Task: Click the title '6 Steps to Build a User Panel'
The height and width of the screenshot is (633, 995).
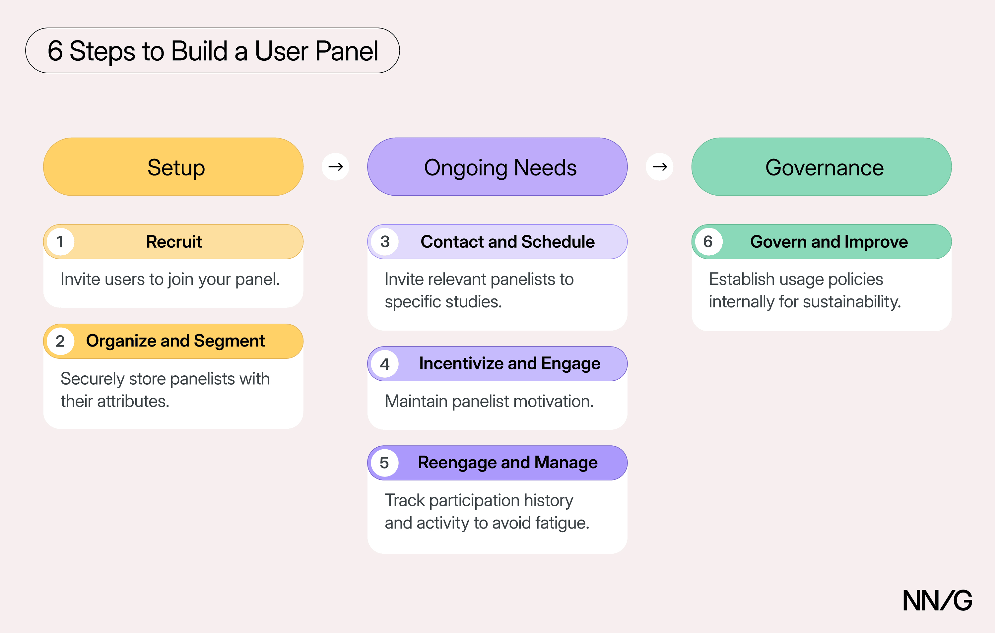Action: pos(212,51)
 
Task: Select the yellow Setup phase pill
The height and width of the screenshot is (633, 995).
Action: pos(173,167)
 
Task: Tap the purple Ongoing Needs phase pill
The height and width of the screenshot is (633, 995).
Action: pos(497,167)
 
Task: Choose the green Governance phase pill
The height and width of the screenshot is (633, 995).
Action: pos(822,167)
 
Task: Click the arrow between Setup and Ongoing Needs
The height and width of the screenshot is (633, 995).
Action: pos(336,167)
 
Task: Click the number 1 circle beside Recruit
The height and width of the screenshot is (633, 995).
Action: pos(60,242)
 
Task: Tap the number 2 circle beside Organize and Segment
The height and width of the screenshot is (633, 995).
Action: pos(60,341)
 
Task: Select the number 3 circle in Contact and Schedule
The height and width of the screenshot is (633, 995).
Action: pos(385,242)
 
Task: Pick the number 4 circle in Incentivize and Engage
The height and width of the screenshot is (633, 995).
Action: pos(385,364)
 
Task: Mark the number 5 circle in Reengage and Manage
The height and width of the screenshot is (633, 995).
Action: pos(385,463)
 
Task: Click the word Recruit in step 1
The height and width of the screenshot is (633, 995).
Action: pos(174,242)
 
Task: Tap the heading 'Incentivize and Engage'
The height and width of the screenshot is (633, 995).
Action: pos(509,364)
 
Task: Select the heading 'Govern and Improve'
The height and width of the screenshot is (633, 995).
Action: pos(829,242)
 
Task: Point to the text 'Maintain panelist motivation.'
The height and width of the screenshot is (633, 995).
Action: pos(489,401)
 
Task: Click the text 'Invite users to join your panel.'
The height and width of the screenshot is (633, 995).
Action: pos(170,279)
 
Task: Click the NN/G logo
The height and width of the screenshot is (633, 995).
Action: pos(937,601)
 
